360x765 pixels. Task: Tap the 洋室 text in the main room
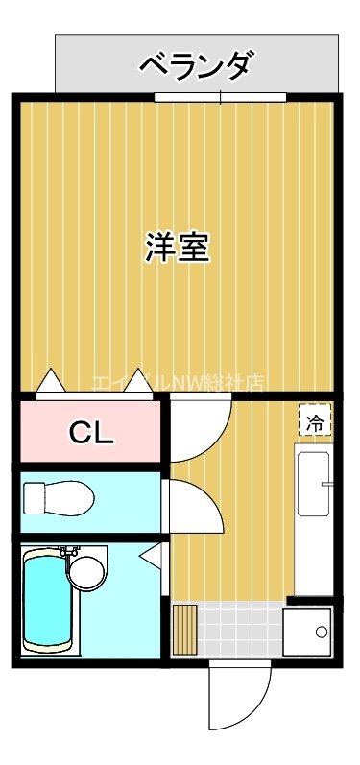tap(178, 248)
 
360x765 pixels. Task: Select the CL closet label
tap(91, 433)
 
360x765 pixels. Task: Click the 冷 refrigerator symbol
tap(314, 420)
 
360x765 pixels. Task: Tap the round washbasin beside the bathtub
tap(88, 573)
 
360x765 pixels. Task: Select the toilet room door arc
tap(196, 505)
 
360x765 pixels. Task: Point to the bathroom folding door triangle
tap(151, 554)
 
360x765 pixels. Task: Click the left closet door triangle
tap(51, 382)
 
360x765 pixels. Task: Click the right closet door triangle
tap(140, 382)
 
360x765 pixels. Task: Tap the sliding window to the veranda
tap(220, 97)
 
